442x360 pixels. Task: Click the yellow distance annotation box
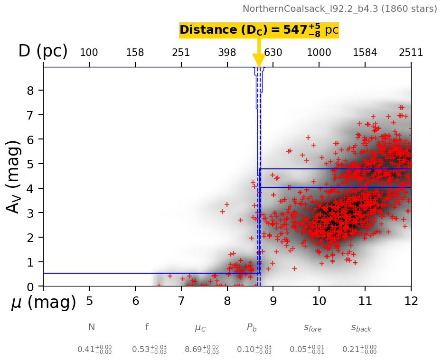(x=259, y=30)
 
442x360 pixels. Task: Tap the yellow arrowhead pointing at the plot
(x=259, y=60)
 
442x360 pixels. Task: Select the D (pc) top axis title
(x=43, y=51)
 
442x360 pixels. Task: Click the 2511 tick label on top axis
(x=411, y=53)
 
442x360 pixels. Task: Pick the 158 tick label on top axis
(x=135, y=53)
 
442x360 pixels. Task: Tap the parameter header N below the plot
(x=92, y=327)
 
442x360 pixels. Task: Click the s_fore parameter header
(x=312, y=328)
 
